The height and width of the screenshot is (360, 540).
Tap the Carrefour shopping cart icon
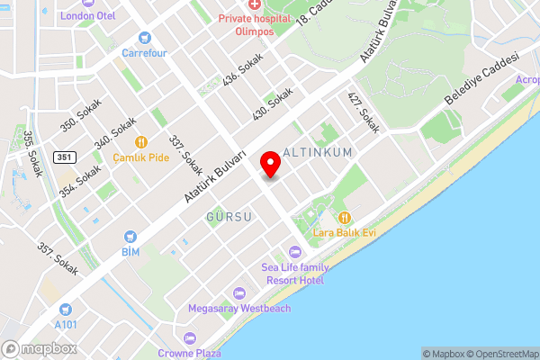[145, 38]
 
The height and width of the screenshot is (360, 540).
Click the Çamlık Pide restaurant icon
[141, 141]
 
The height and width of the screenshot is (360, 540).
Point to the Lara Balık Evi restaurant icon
[344, 217]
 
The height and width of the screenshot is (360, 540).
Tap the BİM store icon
[130, 238]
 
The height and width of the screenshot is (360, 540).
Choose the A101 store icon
[65, 310]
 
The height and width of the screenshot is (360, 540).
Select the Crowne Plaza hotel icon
[189, 338]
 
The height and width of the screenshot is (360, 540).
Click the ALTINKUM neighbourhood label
[318, 154]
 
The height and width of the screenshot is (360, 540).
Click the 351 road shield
[63, 157]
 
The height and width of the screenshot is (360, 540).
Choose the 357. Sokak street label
[56, 258]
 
